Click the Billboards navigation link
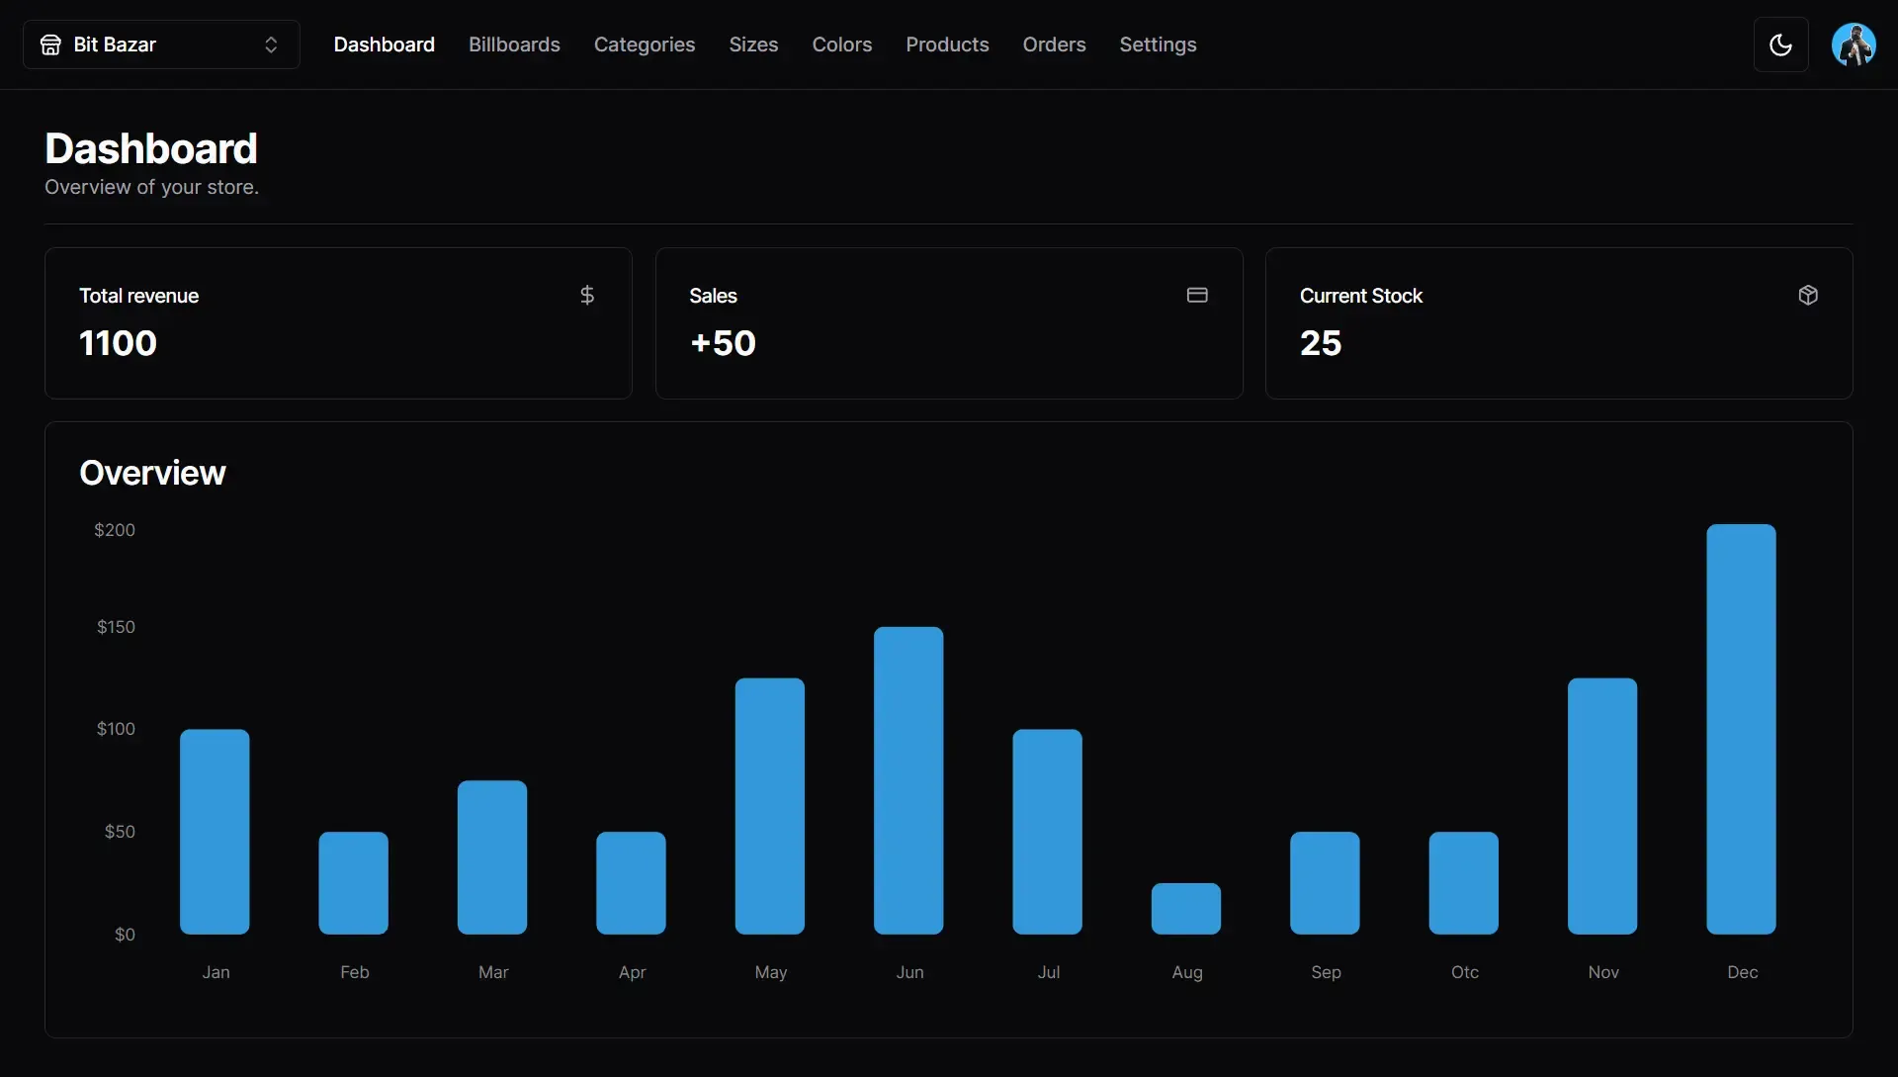tap(514, 45)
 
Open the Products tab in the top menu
tap(947, 45)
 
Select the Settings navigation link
tap(1158, 45)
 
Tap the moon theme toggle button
tap(1780, 45)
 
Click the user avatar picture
tap(1853, 45)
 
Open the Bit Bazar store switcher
tap(161, 45)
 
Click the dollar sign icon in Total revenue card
tap(587, 295)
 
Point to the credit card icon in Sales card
tap(1197, 295)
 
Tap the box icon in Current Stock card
tap(1808, 295)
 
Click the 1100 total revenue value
tap(118, 343)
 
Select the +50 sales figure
tap(723, 343)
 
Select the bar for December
tap(1741, 729)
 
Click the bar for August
tap(1186, 909)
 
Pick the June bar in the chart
tap(908, 780)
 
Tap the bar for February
tap(353, 883)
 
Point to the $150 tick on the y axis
tap(116, 627)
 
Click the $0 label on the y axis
tap(125, 935)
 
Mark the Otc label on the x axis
tap(1465, 972)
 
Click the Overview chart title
tap(152, 473)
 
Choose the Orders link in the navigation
tap(1054, 45)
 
